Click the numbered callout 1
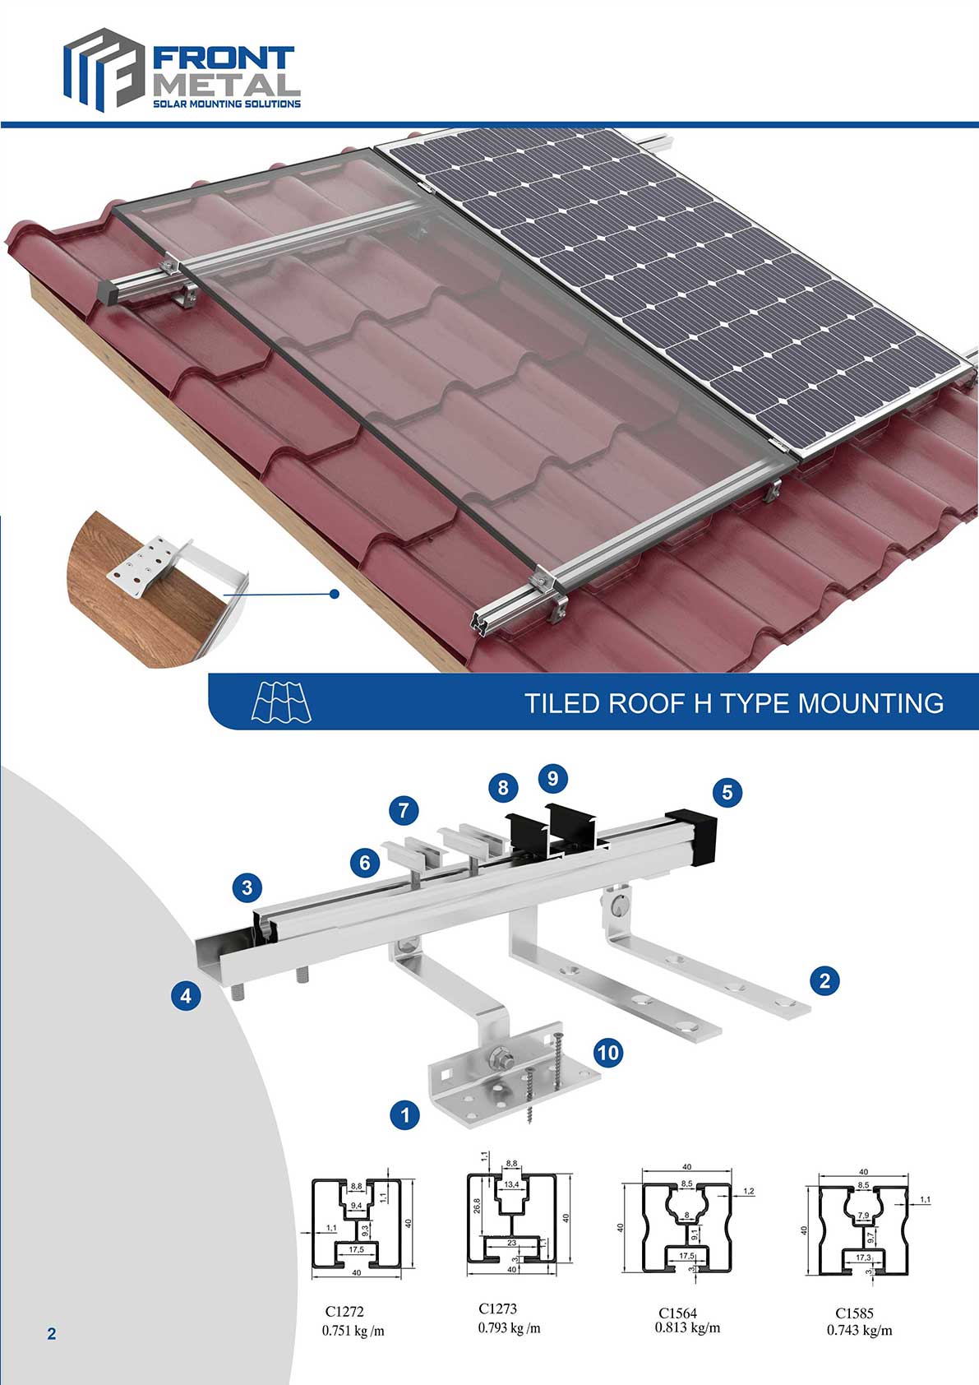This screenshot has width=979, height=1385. (x=404, y=1115)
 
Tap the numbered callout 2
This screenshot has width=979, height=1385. (x=824, y=980)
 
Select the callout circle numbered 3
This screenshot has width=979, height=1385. (x=247, y=887)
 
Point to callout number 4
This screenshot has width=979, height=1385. (x=187, y=996)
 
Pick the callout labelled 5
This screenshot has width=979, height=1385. (x=727, y=792)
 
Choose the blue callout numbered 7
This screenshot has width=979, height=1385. (x=404, y=810)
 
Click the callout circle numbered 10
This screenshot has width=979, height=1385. (x=607, y=1052)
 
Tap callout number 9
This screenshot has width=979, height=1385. (x=552, y=778)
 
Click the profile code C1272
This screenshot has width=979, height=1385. (x=344, y=1312)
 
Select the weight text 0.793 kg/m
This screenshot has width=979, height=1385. (x=509, y=1327)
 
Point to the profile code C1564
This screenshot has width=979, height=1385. (x=677, y=1313)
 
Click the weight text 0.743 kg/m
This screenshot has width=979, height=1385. (x=859, y=1330)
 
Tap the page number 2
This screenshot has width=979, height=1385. (x=52, y=1334)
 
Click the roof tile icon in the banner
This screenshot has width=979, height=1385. (x=281, y=702)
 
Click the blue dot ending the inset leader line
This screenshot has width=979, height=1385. (x=334, y=593)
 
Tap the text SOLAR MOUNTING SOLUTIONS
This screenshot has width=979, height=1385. (x=227, y=104)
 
